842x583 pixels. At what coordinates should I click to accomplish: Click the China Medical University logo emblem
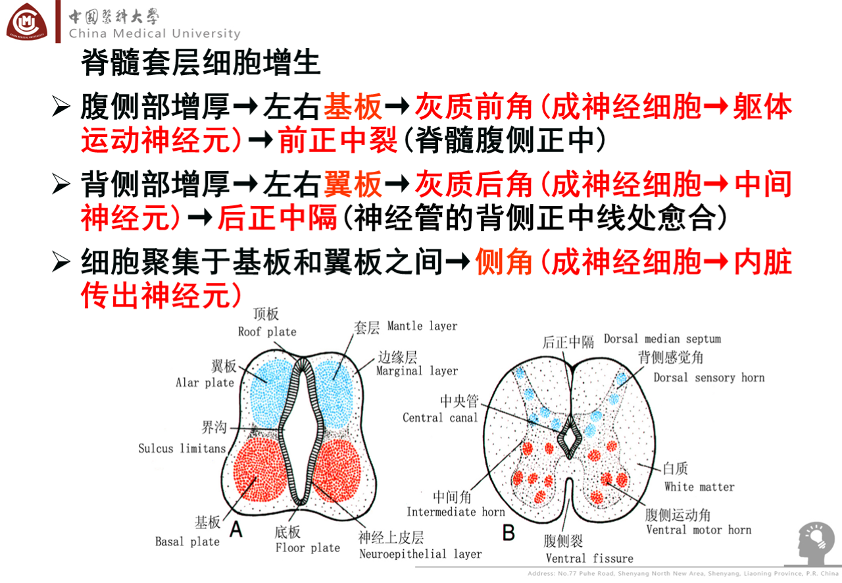[27, 22]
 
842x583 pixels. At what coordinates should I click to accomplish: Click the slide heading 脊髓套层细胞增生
[201, 63]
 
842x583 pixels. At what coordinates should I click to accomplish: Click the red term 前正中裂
[338, 140]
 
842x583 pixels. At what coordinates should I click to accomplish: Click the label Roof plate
[267, 332]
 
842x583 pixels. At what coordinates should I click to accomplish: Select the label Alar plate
[205, 382]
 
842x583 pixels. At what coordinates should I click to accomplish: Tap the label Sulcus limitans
[182, 449]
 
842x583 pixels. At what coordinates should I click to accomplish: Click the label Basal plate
[187, 542]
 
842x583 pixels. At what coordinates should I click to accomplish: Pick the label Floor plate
[307, 547]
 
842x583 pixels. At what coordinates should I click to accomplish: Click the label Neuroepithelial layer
[420, 554]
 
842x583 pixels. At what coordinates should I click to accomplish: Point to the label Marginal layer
[417, 371]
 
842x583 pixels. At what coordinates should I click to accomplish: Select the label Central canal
[440, 418]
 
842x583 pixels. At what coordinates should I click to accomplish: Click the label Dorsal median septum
[662, 340]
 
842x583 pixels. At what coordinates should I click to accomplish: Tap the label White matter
[699, 487]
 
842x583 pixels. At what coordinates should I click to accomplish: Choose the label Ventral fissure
[589, 559]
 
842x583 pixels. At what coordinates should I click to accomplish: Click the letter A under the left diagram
[235, 528]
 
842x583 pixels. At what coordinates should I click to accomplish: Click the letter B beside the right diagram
[508, 532]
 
